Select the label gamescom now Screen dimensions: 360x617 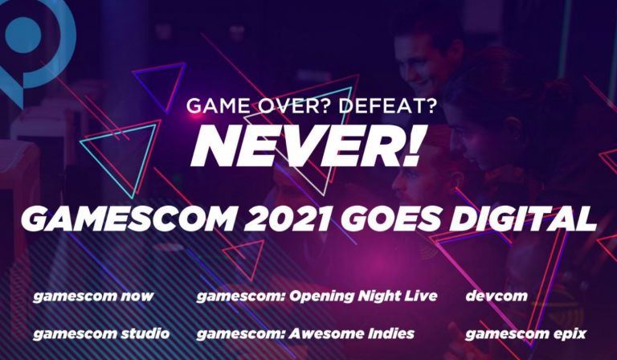pos(93,297)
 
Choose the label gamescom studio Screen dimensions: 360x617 pos(101,333)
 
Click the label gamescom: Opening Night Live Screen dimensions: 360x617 pos(317,297)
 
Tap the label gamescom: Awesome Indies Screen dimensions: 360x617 pos(306,333)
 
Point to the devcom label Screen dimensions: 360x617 pos(496,297)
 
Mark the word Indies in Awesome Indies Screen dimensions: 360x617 pos(388,333)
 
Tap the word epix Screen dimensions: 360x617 pos(569,333)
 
